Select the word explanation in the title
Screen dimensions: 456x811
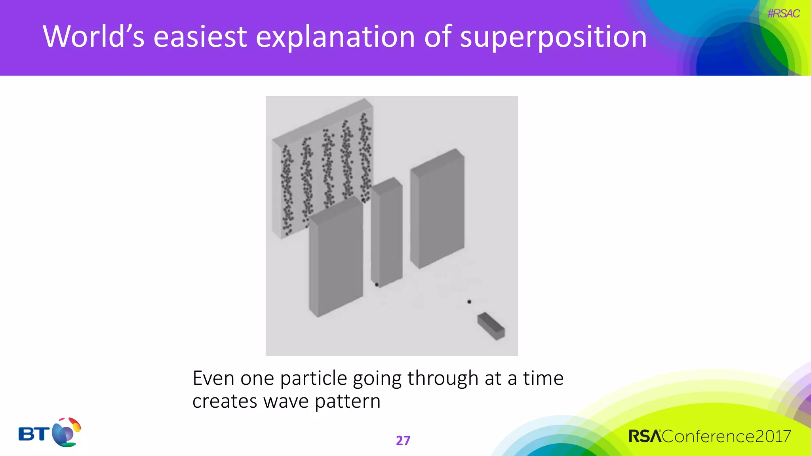tap(335, 37)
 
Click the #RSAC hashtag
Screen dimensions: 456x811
tap(783, 14)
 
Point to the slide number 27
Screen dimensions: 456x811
tap(403, 440)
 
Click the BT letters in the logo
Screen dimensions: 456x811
tap(34, 434)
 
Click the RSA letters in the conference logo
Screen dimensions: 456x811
tap(645, 436)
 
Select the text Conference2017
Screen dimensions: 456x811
tap(726, 436)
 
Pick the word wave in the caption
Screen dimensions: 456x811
tap(286, 401)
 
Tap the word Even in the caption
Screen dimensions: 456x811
tap(213, 378)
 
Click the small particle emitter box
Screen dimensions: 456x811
tap(491, 326)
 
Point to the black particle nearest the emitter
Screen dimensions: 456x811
tap(469, 302)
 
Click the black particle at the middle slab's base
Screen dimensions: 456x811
tap(377, 284)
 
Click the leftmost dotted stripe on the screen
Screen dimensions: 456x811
tap(287, 190)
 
